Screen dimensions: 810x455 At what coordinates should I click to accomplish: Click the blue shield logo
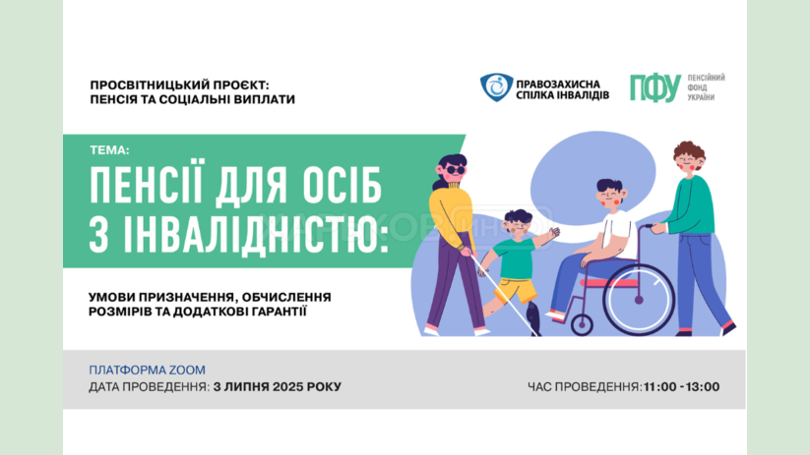[x=496, y=86]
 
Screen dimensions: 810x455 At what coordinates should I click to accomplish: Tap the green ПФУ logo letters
[x=655, y=88]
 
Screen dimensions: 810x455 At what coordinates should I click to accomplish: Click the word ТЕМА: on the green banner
[x=109, y=150]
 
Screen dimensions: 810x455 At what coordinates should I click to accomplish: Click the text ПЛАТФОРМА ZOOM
[x=148, y=370]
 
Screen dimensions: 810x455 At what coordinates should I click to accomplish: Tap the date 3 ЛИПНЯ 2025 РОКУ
[x=278, y=387]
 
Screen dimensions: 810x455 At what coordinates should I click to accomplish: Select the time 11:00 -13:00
[x=681, y=387]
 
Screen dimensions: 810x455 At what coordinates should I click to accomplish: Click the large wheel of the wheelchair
[x=639, y=299]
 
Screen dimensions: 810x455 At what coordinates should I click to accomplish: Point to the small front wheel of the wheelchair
[x=582, y=325]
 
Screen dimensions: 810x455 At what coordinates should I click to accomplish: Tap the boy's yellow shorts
[x=516, y=291]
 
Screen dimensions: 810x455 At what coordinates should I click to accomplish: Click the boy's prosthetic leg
[x=533, y=318]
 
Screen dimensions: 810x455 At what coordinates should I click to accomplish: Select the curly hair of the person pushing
[x=689, y=152]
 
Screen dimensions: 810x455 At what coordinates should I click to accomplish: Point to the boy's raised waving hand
[x=554, y=232]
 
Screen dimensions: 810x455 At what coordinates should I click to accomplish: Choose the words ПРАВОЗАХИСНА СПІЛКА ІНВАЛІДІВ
[x=563, y=89]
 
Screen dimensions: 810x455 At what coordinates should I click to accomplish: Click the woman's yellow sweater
[x=450, y=211]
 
